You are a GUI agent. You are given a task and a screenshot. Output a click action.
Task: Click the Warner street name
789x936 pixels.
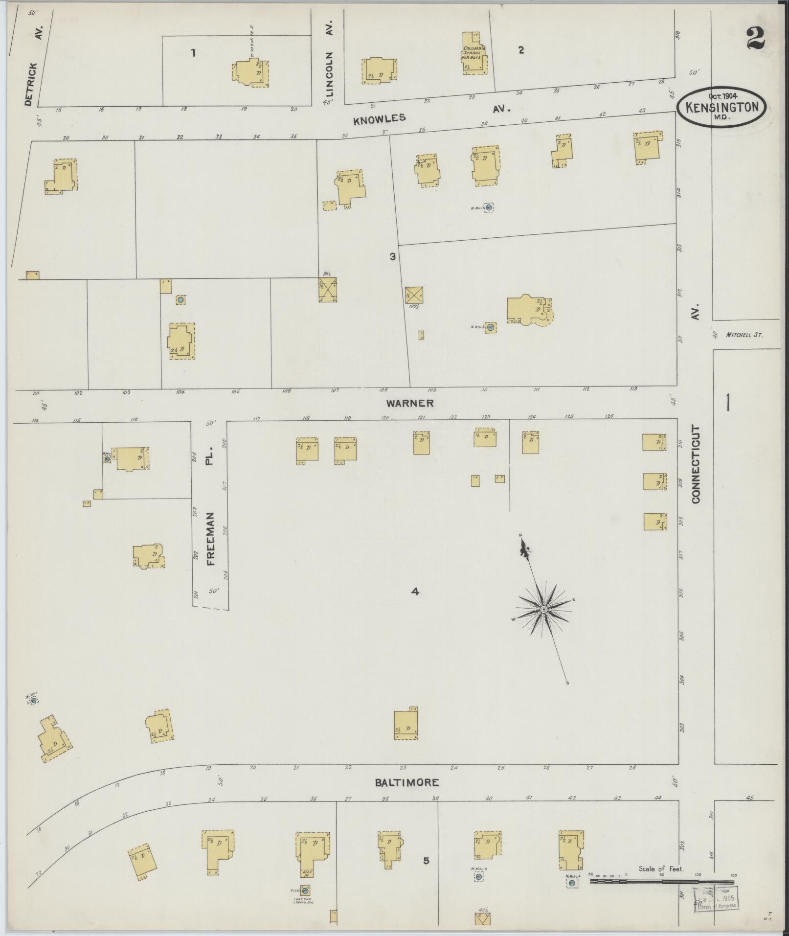(409, 403)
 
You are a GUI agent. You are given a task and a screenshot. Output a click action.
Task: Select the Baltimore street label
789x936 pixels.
(406, 782)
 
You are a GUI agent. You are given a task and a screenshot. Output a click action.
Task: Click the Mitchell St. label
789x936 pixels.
(744, 335)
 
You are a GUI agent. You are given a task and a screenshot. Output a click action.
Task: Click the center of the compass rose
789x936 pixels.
(543, 609)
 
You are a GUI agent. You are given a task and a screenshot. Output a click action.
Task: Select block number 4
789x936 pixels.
(415, 592)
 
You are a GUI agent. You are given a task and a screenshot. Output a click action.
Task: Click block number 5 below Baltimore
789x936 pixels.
(426, 860)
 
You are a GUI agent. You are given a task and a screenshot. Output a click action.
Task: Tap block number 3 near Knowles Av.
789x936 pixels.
(392, 256)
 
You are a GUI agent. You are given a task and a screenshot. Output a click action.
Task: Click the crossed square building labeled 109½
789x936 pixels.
(414, 295)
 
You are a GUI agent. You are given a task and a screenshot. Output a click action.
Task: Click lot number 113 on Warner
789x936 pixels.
(634, 389)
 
